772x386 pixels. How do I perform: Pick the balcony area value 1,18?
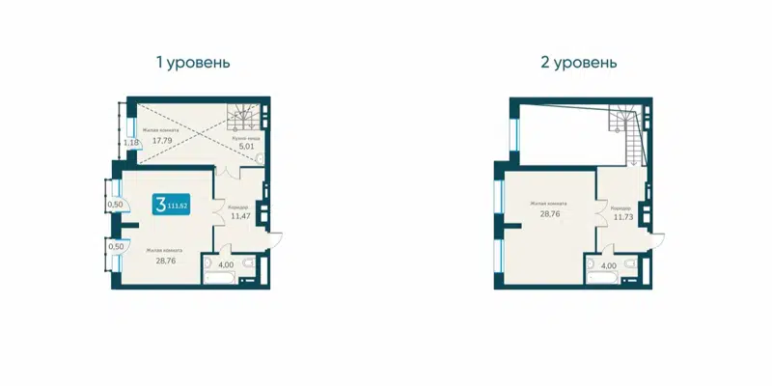pos(130,143)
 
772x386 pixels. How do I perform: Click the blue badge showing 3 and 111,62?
pos(171,205)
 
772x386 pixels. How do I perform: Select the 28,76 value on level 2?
pos(547,212)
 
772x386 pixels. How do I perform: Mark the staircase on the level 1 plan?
pos(240,118)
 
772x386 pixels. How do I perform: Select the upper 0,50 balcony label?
pos(115,204)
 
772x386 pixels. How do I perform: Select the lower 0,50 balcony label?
pos(115,246)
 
